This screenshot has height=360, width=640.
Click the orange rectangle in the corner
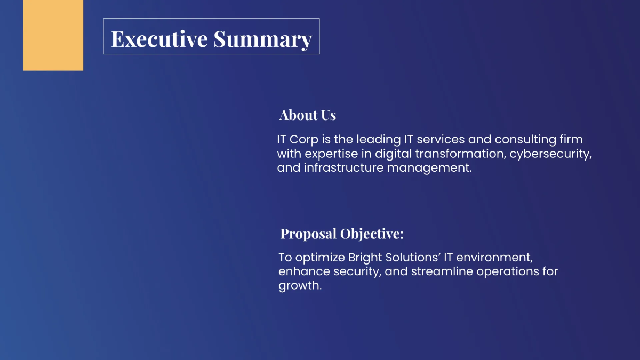coord(53,35)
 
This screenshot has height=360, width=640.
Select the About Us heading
coord(308,115)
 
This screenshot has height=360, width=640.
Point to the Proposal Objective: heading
coord(342,234)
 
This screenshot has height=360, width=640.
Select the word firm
coord(570,140)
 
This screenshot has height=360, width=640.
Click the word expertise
coord(336,154)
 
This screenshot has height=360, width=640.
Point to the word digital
coord(394,154)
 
